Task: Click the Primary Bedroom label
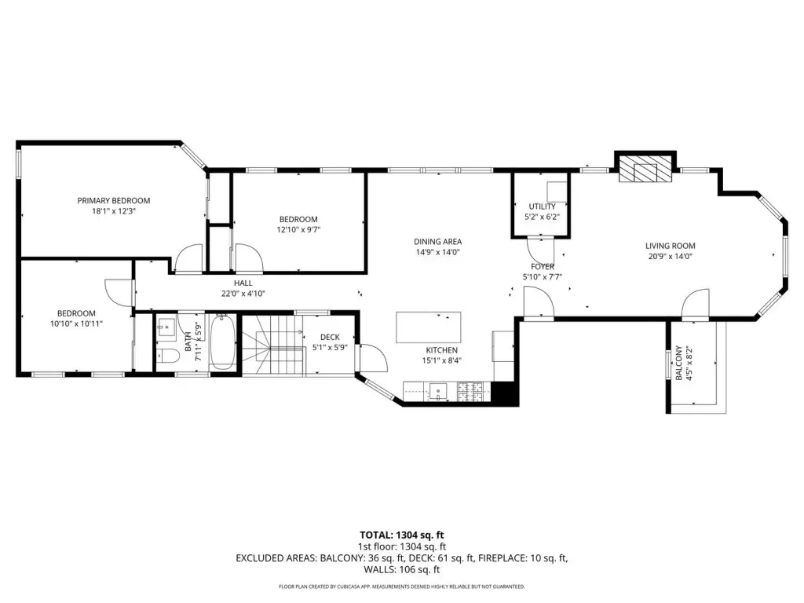pyautogui.click(x=113, y=200)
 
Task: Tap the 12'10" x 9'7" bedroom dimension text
pyautogui.click(x=298, y=230)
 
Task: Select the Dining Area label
pyautogui.click(x=438, y=242)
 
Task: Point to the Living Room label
pyautogui.click(x=671, y=246)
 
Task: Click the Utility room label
pyautogui.click(x=542, y=206)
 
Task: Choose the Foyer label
pyautogui.click(x=543, y=267)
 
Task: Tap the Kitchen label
pyautogui.click(x=441, y=350)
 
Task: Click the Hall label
pyautogui.click(x=243, y=283)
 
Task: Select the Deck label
pyautogui.click(x=330, y=337)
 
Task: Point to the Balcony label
pyautogui.click(x=679, y=363)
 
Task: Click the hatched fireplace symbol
pyautogui.click(x=645, y=169)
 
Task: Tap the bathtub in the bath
pyautogui.click(x=222, y=342)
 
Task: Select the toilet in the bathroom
pyautogui.click(x=166, y=356)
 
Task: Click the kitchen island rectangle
pyautogui.click(x=428, y=327)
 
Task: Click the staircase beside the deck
pyautogui.click(x=272, y=346)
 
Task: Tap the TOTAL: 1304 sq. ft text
pyautogui.click(x=401, y=535)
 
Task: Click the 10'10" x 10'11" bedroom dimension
pyautogui.click(x=76, y=323)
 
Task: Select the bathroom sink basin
pyautogui.click(x=166, y=327)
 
